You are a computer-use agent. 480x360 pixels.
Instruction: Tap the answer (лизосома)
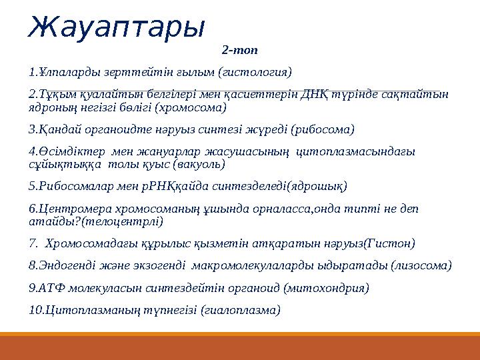pyautogui.click(x=421, y=266)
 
